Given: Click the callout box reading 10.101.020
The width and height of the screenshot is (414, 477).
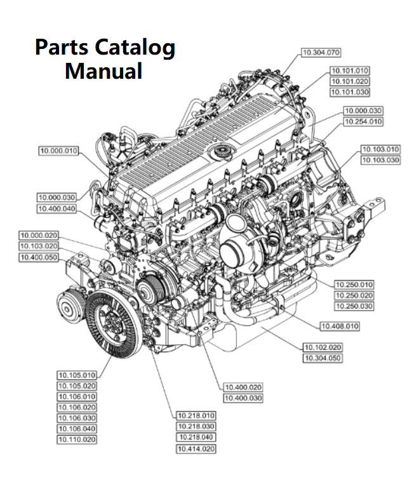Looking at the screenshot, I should click(349, 81).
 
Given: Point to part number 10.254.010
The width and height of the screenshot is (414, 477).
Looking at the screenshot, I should click(363, 121).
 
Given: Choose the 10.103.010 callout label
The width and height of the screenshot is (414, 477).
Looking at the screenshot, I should click(380, 149).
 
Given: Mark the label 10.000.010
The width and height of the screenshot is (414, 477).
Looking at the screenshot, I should click(58, 151).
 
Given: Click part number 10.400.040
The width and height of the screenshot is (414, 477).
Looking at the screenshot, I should click(57, 208).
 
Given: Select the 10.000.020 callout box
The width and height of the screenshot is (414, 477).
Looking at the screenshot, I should click(39, 235).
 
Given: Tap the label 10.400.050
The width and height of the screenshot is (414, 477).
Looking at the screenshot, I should click(39, 257).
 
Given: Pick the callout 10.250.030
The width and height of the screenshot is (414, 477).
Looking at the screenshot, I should click(354, 306).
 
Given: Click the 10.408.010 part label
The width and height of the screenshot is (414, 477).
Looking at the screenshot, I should click(340, 326).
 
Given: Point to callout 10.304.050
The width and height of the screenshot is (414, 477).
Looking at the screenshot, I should click(322, 358).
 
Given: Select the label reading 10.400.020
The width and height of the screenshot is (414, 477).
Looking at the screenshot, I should click(243, 387).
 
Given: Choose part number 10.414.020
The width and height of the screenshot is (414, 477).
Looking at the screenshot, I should click(196, 449).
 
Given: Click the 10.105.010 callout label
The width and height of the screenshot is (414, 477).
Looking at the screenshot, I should click(77, 375).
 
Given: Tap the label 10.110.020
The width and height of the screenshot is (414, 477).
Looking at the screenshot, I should click(77, 439).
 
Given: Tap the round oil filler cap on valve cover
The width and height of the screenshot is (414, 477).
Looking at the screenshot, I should click(222, 151).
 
